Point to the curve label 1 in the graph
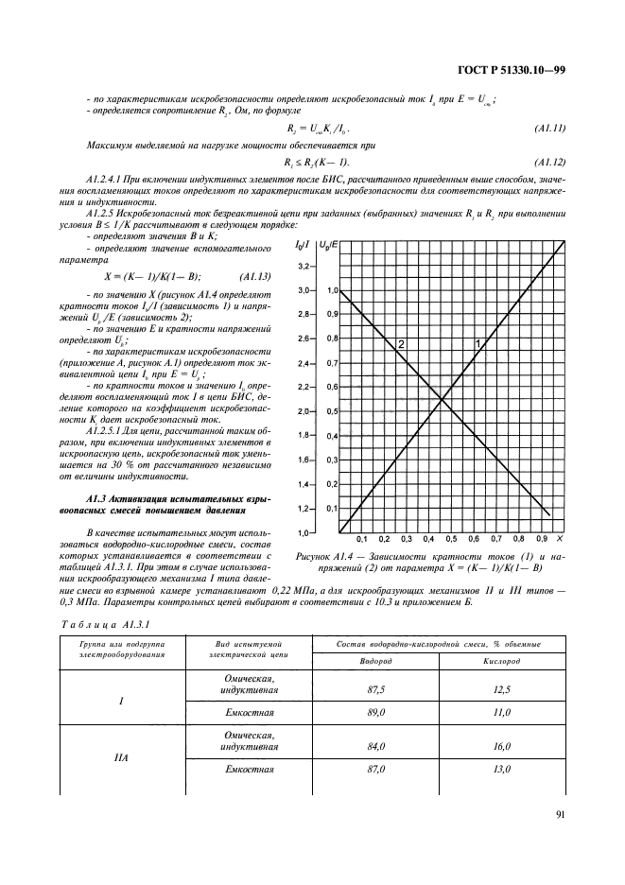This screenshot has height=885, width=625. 477,343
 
